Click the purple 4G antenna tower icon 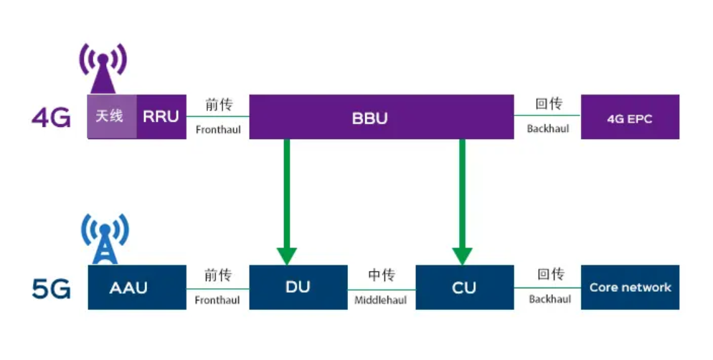(103, 67)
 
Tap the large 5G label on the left (51, 288)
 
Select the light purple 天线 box (110, 116)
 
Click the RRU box (161, 116)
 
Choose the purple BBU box (381, 117)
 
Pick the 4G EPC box (630, 117)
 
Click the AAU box (137, 288)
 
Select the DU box (297, 288)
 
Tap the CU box (464, 288)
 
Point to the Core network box (630, 288)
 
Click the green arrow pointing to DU (287, 201)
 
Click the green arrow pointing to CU (463, 201)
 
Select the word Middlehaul (381, 300)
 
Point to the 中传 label (381, 275)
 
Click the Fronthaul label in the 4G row (218, 131)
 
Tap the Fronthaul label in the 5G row (217, 300)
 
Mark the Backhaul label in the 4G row (549, 129)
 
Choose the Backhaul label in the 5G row (549, 299)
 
